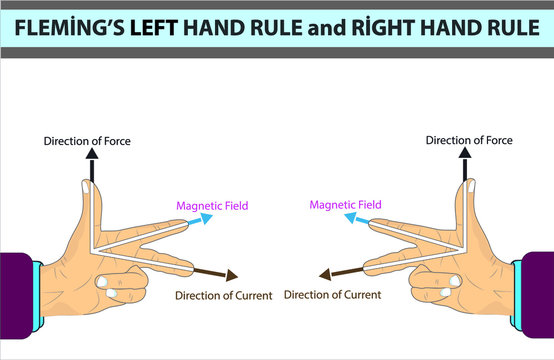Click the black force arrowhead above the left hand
click(x=91, y=154)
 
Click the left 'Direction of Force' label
click(x=87, y=141)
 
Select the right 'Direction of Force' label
click(x=469, y=140)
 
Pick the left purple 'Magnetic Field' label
click(x=212, y=206)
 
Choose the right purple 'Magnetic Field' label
click(x=345, y=205)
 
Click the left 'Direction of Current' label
click(x=223, y=295)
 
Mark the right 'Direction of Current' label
click(x=333, y=294)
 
